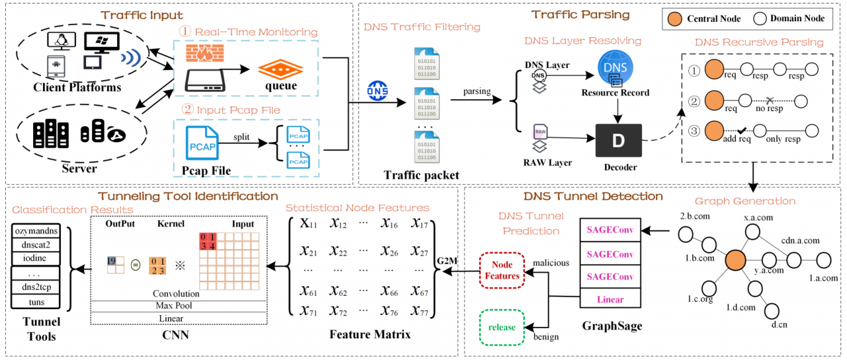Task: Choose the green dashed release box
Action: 502,326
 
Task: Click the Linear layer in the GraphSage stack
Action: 610,300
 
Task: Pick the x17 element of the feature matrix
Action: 419,225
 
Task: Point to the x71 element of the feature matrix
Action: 309,311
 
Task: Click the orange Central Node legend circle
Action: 674,18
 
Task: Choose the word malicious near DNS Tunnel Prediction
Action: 551,263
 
